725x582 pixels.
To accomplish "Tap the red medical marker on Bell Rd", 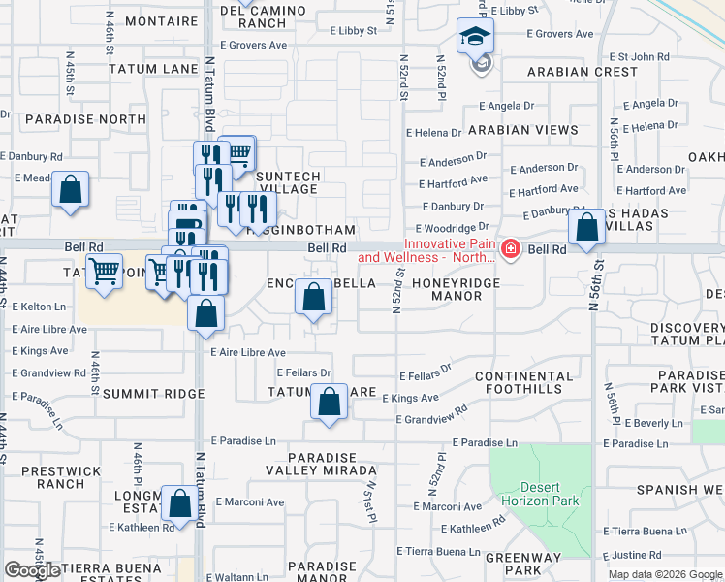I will point(511,249).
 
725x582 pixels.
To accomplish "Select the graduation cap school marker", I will point(475,37).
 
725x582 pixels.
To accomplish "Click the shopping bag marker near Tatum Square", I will point(330,402).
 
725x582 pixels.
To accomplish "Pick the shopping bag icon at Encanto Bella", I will point(313,297).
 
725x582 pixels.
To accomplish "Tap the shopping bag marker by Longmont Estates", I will point(179,503).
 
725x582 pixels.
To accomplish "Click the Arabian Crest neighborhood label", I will point(583,72).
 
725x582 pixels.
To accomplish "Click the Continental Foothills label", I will point(524,383).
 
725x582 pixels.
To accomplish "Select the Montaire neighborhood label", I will point(135,19).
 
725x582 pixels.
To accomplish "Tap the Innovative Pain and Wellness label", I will point(426,250).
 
